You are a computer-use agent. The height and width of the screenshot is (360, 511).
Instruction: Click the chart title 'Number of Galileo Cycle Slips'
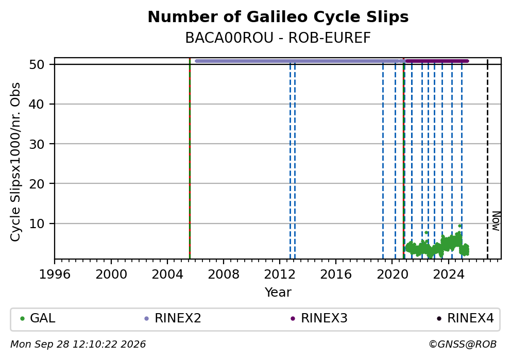click(278, 17)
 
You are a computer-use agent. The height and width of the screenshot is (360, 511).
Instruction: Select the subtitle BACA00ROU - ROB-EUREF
click(278, 38)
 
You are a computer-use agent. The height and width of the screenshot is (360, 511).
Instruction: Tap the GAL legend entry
click(38, 318)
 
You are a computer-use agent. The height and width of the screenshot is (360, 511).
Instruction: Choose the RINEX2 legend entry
click(173, 318)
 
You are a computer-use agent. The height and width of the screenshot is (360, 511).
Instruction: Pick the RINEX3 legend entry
click(319, 318)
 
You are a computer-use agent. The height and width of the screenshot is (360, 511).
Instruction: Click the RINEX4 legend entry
click(465, 318)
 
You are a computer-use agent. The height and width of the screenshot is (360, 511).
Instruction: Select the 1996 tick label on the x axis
click(55, 275)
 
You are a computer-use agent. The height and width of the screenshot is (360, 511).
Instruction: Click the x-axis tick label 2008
click(223, 275)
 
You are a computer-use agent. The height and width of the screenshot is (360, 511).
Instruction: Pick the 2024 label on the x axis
click(449, 275)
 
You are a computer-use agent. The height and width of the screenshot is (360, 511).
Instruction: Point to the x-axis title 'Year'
click(278, 292)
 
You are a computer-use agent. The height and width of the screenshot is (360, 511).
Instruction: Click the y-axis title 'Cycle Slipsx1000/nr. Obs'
click(15, 162)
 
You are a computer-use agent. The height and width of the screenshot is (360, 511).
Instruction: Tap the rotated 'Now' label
click(496, 221)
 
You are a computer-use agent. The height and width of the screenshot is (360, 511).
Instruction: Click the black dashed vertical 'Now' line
click(487, 159)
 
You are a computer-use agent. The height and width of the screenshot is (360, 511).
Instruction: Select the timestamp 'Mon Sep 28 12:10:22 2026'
click(78, 345)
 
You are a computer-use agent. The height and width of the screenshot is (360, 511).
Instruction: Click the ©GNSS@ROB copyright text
click(463, 345)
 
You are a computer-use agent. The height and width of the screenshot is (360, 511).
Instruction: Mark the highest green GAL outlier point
click(459, 226)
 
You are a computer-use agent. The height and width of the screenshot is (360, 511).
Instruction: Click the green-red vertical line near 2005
click(190, 159)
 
